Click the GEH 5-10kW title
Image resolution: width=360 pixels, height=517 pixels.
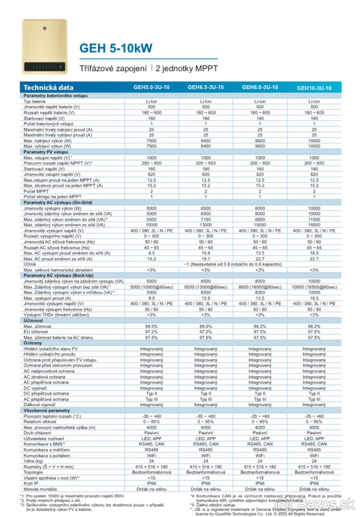point(115,48)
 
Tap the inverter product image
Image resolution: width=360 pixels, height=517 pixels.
point(44,47)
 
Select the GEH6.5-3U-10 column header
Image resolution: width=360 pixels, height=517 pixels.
point(205,87)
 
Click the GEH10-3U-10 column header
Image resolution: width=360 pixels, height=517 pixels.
point(314,88)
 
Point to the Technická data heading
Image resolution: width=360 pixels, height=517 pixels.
point(49,87)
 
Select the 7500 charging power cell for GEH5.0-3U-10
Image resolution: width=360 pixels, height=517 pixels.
point(152,140)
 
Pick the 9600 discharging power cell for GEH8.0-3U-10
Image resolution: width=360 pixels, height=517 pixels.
point(260,146)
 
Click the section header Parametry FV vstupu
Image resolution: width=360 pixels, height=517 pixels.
point(44,152)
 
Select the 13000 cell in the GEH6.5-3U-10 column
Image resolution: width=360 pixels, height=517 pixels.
point(205,224)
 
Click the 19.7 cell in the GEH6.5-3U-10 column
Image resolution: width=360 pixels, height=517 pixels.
point(205,258)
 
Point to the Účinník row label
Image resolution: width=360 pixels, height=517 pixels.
point(31,264)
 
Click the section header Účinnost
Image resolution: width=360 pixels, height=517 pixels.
point(34,321)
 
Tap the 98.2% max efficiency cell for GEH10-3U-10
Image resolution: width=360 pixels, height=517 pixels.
point(314,326)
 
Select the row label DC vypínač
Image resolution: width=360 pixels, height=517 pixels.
point(36,388)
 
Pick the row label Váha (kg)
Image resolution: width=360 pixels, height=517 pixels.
point(34,461)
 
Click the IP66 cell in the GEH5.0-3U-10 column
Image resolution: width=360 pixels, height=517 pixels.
point(152,483)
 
